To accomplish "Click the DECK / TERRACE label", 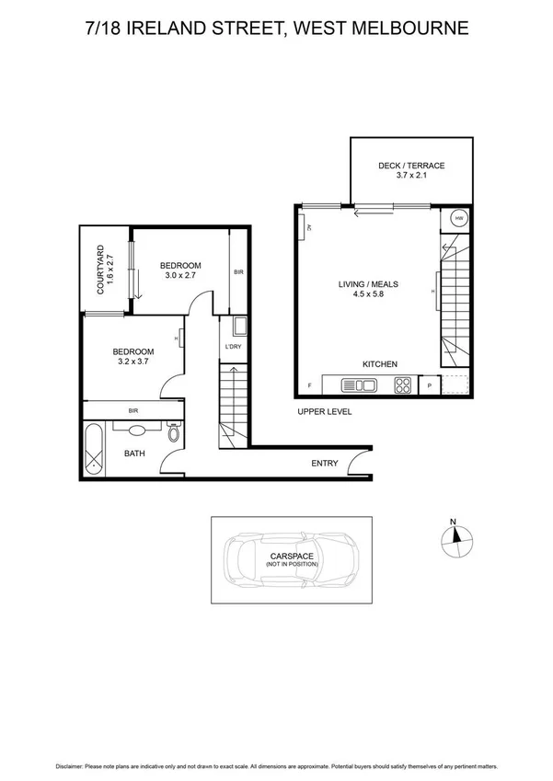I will tap(411, 166).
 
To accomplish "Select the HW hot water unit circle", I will tap(457, 219).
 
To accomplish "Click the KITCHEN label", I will tap(379, 364).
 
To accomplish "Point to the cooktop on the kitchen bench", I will tap(402, 385).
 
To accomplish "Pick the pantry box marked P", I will tap(430, 385).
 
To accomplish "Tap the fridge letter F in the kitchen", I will tap(309, 385).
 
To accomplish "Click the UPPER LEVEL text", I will tap(324, 411).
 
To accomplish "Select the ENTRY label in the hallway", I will tap(325, 464).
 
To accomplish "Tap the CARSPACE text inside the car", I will tap(292, 556).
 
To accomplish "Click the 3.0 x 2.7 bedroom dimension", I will tap(182, 275).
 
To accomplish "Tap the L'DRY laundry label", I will tap(233, 347).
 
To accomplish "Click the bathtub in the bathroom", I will tap(93, 448).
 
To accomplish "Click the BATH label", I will tap(135, 454).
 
